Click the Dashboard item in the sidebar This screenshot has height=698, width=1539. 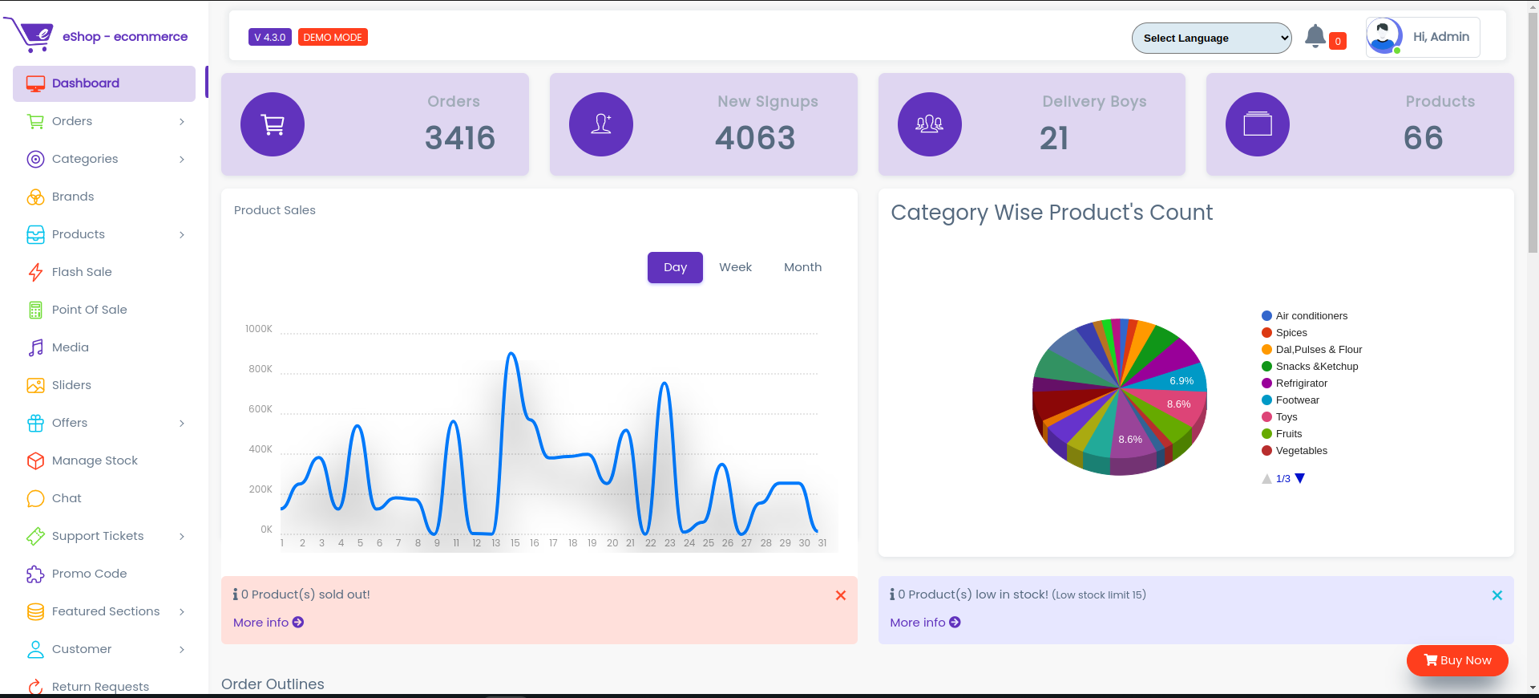[86, 83]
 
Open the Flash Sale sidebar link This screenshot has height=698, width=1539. [82, 272]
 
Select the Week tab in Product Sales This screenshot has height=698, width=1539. [735, 267]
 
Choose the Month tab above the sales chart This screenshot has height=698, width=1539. [802, 267]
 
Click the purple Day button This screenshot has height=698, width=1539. [675, 267]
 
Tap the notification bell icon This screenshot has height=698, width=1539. [1315, 36]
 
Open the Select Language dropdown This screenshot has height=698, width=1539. [1210, 38]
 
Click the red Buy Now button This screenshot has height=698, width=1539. [1456, 660]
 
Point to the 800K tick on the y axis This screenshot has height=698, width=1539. [261, 369]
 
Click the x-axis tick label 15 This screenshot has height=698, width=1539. [515, 543]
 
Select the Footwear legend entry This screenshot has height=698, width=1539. [1297, 400]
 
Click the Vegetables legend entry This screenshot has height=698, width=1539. [1301, 451]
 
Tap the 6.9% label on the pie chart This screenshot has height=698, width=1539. [1181, 381]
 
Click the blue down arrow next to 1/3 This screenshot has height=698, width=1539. [1300, 478]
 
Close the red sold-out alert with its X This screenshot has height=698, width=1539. [840, 595]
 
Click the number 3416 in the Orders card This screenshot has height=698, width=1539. [459, 138]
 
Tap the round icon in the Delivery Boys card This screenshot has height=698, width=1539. [929, 124]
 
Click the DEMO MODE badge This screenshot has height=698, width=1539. [333, 38]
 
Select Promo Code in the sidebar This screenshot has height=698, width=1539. [89, 574]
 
